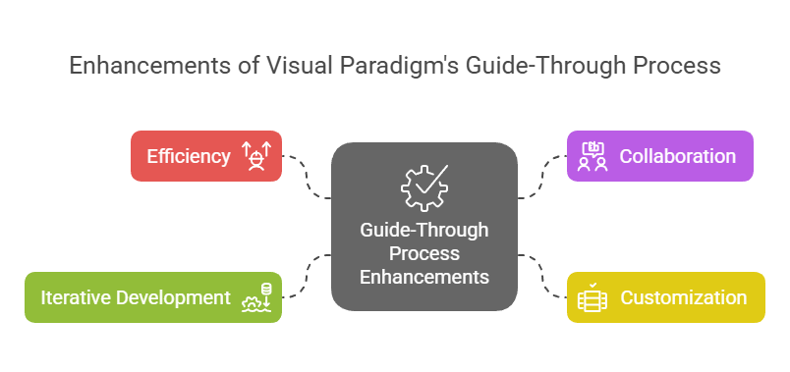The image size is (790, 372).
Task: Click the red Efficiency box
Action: (206, 156)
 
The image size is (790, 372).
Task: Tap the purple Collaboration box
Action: (659, 156)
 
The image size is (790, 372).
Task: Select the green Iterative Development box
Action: (153, 297)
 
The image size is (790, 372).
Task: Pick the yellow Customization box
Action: (665, 297)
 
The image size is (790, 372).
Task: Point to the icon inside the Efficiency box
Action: (256, 156)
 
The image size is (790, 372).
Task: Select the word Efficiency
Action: (189, 156)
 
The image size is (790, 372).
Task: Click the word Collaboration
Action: (677, 156)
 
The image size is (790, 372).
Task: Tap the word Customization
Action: (683, 297)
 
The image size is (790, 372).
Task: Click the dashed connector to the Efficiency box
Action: (308, 177)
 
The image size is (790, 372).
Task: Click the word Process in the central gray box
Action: (424, 253)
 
